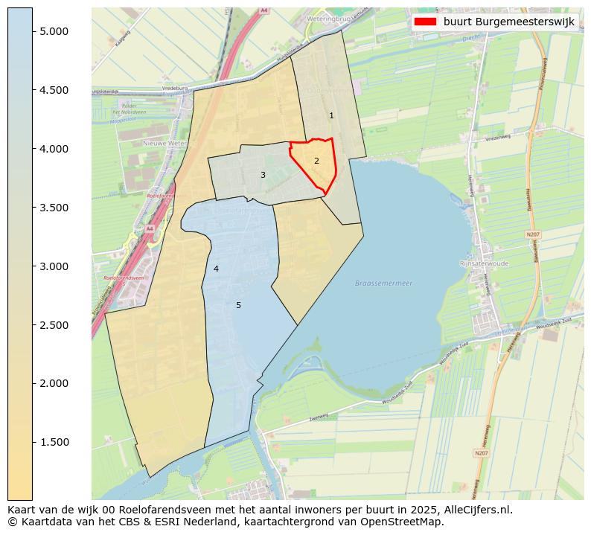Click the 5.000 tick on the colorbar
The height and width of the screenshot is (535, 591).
coord(54,31)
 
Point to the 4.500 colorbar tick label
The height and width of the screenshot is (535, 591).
coord(54,90)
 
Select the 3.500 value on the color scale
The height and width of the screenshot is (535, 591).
coord(54,208)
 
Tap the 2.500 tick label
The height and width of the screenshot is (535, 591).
coord(54,325)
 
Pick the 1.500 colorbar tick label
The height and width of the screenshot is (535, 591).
coord(54,443)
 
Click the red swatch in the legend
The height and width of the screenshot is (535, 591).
coord(426,22)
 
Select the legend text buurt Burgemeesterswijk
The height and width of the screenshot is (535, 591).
coord(508,22)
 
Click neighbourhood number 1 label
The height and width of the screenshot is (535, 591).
coord(331,115)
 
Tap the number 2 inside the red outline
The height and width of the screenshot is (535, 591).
coord(316,161)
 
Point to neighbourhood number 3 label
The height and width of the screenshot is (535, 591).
coord(263,175)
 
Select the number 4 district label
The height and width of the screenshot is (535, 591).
coord(216,269)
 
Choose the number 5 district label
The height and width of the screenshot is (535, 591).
coord(238,305)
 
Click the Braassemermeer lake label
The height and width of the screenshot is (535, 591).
coord(383,283)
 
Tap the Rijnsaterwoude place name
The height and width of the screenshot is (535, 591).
coord(484,263)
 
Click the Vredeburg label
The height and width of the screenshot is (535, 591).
coord(172,88)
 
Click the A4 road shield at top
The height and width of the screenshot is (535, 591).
coord(263,11)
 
